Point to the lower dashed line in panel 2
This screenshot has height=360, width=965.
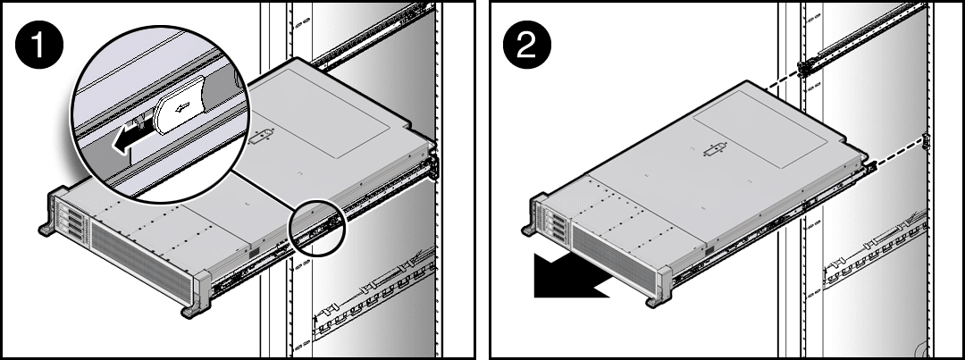coord(894,152)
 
